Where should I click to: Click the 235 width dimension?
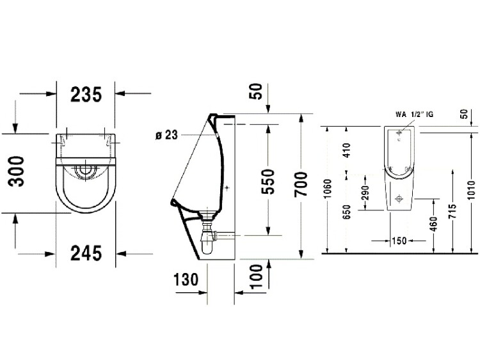(86, 94)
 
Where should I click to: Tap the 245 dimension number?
(86, 253)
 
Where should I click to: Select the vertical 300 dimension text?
(17, 171)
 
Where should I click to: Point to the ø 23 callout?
(166, 135)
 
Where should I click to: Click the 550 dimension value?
(268, 182)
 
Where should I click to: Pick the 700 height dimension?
(301, 184)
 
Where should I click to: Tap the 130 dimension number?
(186, 279)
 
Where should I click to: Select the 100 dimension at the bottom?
(257, 276)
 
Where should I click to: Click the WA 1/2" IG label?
(414, 114)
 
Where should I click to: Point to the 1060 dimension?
(328, 189)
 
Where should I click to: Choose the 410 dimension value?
(346, 150)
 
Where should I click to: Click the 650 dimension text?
(346, 212)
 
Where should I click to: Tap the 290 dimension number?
(365, 192)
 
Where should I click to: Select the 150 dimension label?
(399, 240)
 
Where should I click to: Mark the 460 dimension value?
(434, 224)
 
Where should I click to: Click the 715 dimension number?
(453, 211)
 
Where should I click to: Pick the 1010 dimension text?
(472, 191)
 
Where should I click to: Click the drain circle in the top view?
(84, 169)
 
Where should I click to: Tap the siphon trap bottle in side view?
(207, 244)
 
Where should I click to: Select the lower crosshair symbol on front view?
(399, 198)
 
